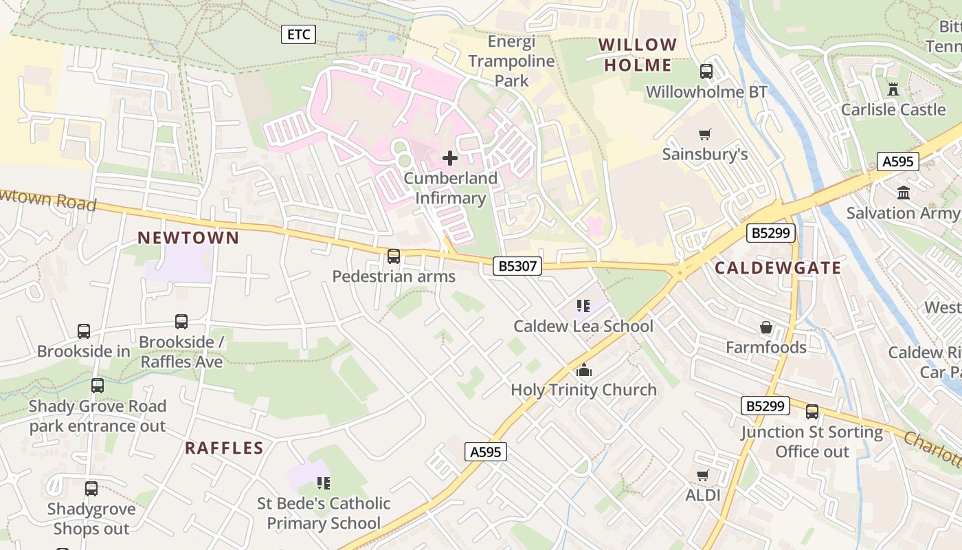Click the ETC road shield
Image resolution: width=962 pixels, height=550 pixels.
299,34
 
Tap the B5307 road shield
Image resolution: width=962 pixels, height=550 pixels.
517,266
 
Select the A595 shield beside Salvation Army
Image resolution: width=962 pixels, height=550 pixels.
898,162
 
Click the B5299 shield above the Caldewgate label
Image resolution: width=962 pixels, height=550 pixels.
771,233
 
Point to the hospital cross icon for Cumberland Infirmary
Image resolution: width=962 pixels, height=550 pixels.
450,158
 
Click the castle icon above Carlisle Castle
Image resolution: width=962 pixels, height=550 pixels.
893,89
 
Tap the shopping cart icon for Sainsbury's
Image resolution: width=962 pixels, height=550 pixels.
704,134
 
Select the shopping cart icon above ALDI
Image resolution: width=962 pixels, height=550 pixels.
702,475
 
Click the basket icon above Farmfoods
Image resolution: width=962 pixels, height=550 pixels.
766,327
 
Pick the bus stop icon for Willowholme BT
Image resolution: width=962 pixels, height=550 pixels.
706,71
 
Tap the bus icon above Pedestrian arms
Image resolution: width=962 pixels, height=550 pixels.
394,256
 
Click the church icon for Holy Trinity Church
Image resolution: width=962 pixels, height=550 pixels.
584,370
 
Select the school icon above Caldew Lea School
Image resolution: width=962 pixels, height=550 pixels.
583,306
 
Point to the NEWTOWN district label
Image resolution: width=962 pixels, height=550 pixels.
188,239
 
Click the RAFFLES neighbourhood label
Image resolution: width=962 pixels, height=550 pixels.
224,448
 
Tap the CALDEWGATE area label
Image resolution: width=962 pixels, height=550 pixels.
778,268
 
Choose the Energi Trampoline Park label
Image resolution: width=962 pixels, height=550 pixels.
512,61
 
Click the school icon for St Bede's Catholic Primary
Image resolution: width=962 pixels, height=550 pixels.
323,483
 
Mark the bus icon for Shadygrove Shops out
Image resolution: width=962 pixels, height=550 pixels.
91,489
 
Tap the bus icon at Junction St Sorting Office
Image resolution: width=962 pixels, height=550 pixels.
812,412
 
